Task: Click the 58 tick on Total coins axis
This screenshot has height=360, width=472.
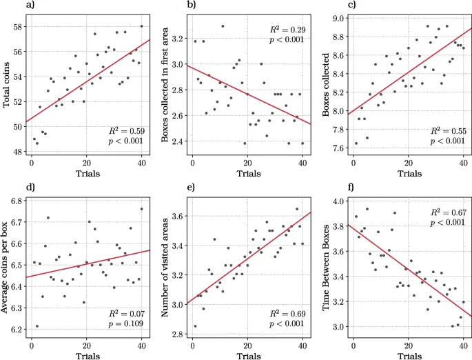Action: [x=19, y=26]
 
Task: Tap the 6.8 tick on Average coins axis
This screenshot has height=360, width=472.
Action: [x=19, y=201]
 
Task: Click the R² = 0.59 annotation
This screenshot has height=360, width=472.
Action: [x=125, y=130]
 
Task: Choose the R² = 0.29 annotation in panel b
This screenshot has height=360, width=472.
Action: [x=287, y=31]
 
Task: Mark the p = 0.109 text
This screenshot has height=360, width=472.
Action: [x=125, y=323]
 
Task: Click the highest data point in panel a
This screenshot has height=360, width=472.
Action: [x=142, y=26]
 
